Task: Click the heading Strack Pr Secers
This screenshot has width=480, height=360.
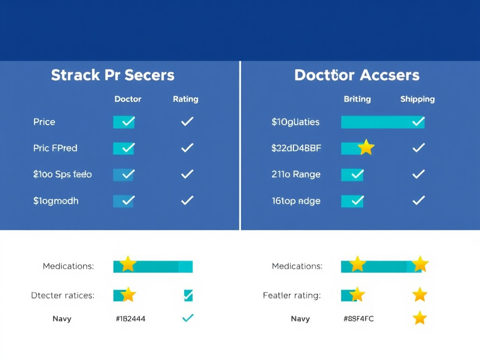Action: (x=112, y=75)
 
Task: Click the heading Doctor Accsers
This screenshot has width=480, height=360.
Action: (x=357, y=75)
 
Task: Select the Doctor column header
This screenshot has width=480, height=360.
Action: (x=127, y=99)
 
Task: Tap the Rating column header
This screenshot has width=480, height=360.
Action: (x=186, y=99)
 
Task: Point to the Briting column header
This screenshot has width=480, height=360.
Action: (x=357, y=99)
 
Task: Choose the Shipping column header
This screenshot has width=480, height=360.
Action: (x=417, y=99)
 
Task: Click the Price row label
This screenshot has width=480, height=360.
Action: (x=44, y=122)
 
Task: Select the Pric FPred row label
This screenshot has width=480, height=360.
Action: (x=55, y=148)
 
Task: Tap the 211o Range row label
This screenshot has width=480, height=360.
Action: (x=296, y=174)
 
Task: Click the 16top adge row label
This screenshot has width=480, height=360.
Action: (x=296, y=201)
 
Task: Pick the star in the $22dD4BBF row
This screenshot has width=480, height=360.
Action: (x=366, y=148)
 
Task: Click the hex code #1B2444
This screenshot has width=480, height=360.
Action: (x=130, y=319)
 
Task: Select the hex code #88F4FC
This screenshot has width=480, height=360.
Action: (x=359, y=319)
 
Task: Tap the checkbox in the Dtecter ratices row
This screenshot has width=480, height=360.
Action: (x=188, y=295)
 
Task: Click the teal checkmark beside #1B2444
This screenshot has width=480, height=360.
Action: (x=187, y=318)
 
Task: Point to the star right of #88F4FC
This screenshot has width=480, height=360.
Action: (x=420, y=318)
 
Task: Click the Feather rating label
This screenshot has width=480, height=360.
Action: (x=292, y=296)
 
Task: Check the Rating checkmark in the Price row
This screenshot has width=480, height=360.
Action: (x=187, y=122)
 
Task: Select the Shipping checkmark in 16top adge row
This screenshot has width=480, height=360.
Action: (x=418, y=201)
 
